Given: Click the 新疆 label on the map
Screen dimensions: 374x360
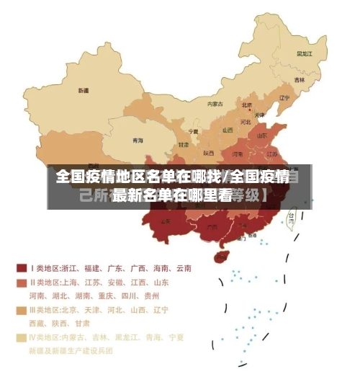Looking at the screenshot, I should pyautogui.click(x=84, y=91).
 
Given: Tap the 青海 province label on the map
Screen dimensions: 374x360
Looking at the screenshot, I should pyautogui.click(x=138, y=141).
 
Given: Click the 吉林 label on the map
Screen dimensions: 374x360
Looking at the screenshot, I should pyautogui.click(x=299, y=79).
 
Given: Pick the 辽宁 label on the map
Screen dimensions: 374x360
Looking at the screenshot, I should pyautogui.click(x=284, y=97).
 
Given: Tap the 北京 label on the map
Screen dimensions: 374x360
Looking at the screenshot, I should pyautogui.click(x=247, y=104).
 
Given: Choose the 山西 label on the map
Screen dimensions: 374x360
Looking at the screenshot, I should pyautogui.click(x=228, y=130).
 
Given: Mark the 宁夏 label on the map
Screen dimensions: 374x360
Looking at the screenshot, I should pyautogui.click(x=193, y=131).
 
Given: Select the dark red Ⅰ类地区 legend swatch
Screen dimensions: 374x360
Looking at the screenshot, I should pyautogui.click(x=22, y=267).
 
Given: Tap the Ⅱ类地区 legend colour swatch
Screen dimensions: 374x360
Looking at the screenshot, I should pyautogui.click(x=22, y=282).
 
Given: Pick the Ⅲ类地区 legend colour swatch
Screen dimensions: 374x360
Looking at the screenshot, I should pyautogui.click(x=22, y=310).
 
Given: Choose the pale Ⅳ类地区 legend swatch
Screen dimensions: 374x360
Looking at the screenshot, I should pyautogui.click(x=22, y=337).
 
